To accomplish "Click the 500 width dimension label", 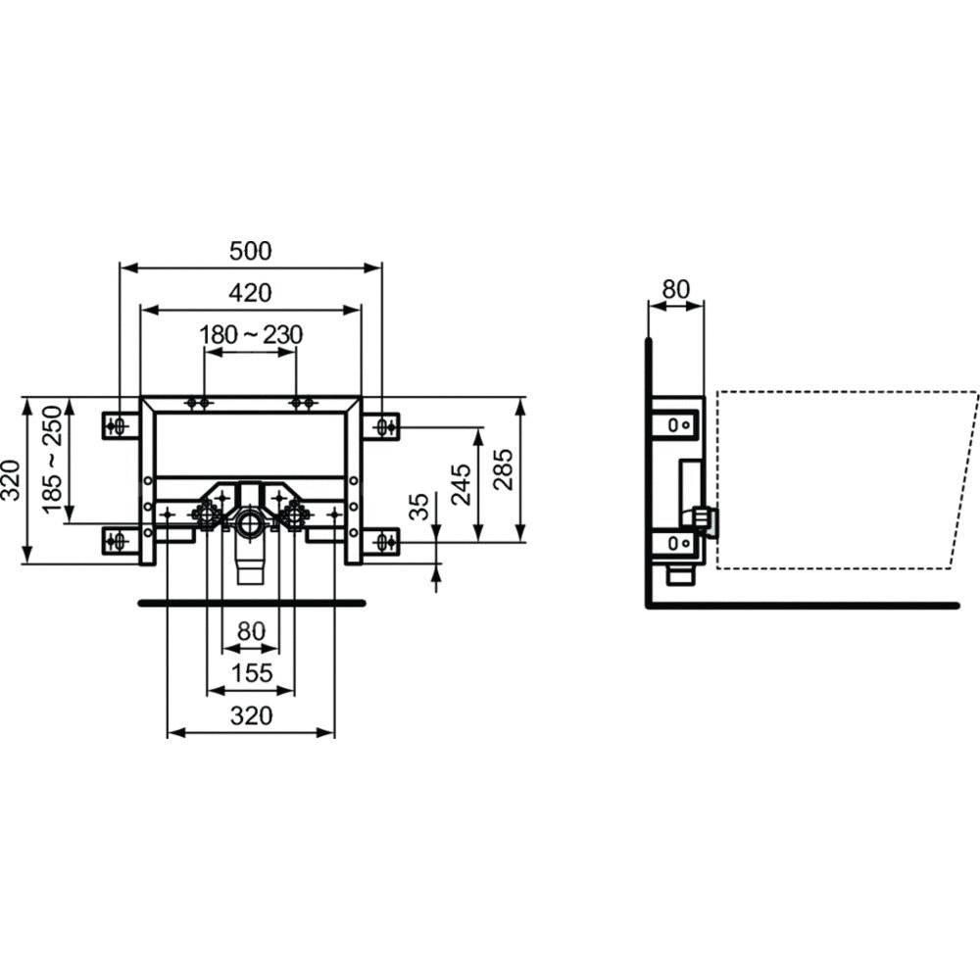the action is point(251,251).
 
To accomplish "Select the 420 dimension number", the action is point(251,292).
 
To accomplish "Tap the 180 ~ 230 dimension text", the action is point(251,335).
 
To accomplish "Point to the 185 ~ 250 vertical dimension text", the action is point(53,459).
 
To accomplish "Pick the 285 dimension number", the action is point(503,469).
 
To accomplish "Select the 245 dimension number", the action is point(462,485).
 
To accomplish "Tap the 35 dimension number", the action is point(420,507).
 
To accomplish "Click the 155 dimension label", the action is point(252,673).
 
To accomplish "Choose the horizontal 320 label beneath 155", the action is point(251,715).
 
